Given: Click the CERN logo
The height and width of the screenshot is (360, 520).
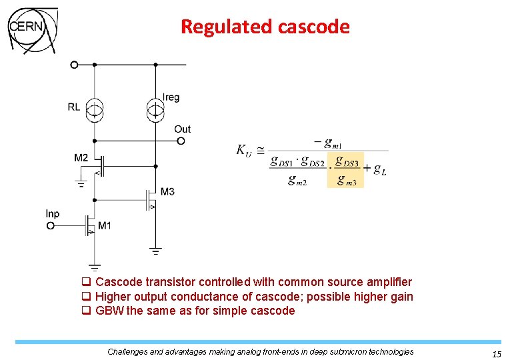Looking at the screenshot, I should click(31, 30).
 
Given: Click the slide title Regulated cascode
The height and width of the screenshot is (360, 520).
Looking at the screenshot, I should click(265, 27).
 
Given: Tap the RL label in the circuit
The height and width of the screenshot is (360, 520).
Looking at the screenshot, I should click(74, 107).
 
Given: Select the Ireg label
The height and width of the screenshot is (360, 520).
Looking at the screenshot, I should click(171, 97).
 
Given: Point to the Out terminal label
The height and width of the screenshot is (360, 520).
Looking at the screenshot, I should click(182, 129).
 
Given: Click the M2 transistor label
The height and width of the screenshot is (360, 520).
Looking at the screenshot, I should click(81, 158).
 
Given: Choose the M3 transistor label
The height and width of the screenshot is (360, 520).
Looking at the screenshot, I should click(167, 192).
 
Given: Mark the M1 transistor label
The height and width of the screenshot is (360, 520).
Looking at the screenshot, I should click(105, 226).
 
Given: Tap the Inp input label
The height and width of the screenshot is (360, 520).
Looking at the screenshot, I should click(53, 214).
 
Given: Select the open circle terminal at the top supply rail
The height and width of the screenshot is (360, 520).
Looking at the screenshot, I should click(74, 65).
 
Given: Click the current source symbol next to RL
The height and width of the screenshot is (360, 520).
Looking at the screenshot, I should click(95, 108).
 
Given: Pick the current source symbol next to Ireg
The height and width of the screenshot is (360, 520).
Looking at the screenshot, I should click(155, 108).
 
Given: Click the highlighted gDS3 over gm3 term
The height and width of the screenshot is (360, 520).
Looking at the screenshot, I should click(345, 170).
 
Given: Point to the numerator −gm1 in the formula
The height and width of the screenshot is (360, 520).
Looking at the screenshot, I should click(327, 142).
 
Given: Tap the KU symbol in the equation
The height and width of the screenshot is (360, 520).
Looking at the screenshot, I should click(244, 150).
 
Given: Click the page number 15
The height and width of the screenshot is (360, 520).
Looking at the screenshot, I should click(496, 355).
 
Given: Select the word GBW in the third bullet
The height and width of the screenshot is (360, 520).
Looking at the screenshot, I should click(109, 311).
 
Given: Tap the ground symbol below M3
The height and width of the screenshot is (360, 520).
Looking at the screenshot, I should click(155, 251).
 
